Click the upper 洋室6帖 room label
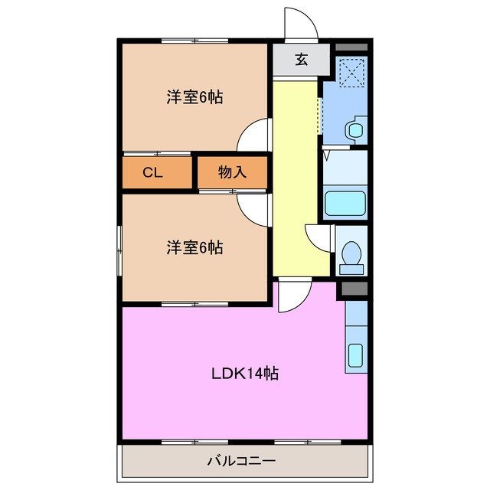[195, 97]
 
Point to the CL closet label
[153, 172]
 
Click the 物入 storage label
[232, 172]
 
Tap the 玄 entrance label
[302, 60]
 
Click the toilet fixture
[351, 256]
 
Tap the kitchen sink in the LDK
[356, 356]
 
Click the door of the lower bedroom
[253, 208]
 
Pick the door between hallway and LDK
[291, 296]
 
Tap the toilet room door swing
[318, 237]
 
